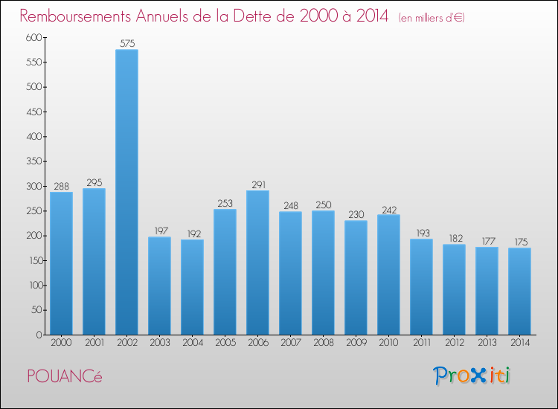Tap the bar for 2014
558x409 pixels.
point(519,291)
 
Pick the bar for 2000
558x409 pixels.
point(61,263)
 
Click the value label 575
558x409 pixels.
point(126,43)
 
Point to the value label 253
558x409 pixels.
point(225,202)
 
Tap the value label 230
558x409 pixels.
point(356,214)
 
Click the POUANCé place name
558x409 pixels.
point(64,376)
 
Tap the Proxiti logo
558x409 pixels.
point(472,376)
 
